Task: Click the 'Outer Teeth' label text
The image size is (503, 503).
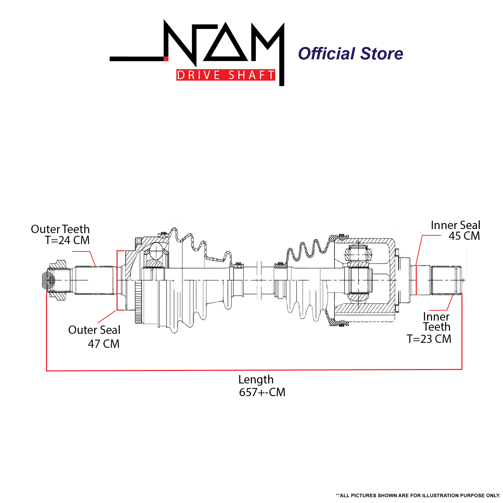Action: (x=60, y=229)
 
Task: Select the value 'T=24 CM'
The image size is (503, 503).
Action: (x=67, y=240)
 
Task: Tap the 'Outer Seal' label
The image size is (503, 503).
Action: (x=94, y=330)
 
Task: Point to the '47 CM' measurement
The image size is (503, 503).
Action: (x=104, y=344)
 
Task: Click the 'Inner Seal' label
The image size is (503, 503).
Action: (x=455, y=225)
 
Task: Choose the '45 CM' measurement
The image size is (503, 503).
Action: (x=464, y=236)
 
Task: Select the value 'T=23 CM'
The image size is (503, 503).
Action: (x=429, y=339)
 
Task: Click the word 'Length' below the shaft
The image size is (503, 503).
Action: (x=256, y=380)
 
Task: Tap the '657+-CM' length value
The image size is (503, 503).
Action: (x=262, y=392)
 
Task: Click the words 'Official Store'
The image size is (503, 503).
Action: (x=350, y=54)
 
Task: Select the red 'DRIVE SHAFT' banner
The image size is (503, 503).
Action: (x=226, y=75)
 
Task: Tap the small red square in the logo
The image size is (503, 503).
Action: (x=166, y=59)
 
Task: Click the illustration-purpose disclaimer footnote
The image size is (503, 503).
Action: (x=418, y=495)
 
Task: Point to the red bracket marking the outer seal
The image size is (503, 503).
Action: (x=117, y=280)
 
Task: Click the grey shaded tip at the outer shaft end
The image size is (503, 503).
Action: (x=45, y=280)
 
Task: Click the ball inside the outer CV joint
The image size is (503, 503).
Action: (x=156, y=251)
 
